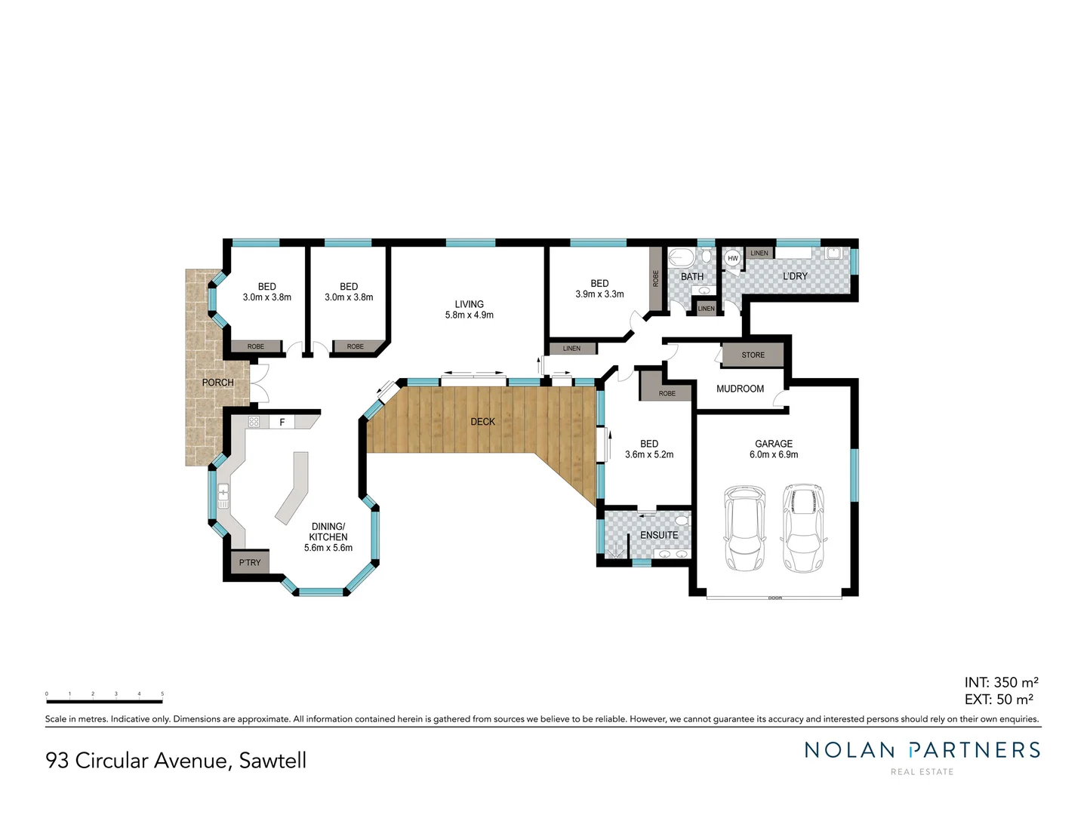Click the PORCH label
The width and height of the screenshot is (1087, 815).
point(217,383)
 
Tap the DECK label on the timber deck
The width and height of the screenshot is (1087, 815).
point(482,421)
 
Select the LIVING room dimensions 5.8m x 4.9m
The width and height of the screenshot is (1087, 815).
point(469,315)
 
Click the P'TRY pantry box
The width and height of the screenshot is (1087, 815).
point(250,562)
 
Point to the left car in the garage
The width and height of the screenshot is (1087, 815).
point(744,527)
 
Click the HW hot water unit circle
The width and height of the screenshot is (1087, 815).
point(732,258)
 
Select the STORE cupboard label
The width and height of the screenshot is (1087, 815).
point(753,355)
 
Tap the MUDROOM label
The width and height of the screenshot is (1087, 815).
point(740,389)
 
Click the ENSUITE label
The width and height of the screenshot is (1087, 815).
point(658,535)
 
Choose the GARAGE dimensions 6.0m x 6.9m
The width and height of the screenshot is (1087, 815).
point(773,454)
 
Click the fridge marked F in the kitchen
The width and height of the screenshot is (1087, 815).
point(282,422)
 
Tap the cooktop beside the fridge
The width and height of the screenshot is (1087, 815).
point(254,422)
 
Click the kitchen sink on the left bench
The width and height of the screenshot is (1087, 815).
point(223,495)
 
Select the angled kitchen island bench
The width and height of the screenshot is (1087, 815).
point(294,487)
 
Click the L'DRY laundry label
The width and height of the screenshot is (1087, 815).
point(795,276)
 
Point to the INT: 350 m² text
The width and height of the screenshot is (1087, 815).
point(1000,682)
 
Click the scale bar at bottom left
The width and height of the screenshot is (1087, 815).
point(104,702)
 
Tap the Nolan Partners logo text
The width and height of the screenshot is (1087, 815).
point(922,750)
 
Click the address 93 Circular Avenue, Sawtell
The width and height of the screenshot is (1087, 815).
point(176,760)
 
